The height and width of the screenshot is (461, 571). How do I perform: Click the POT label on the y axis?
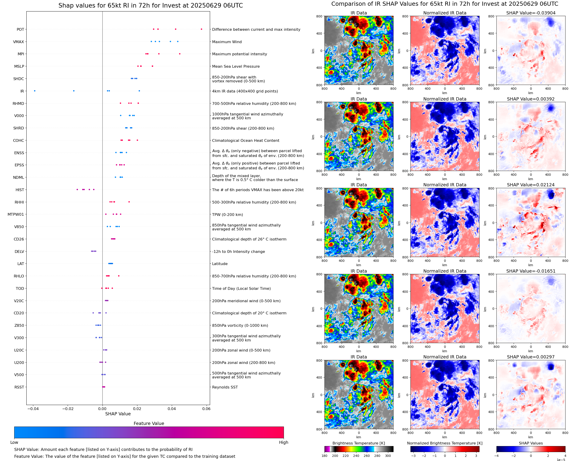tap(20, 29)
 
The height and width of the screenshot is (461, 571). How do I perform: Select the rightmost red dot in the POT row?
tap(201, 29)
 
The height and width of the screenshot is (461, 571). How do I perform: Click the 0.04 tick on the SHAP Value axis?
tap(172, 409)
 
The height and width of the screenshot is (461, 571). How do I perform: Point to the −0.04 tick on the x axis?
tap(33, 409)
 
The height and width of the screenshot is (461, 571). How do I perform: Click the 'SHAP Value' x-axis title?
tap(118, 414)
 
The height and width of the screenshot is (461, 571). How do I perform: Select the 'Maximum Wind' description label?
tap(227, 42)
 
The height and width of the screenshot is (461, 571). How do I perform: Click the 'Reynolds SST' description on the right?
tap(225, 387)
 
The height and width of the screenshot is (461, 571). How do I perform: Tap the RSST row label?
tap(19, 387)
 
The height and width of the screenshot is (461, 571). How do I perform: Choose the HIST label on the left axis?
tap(20, 190)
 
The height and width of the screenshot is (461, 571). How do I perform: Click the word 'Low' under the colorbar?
tap(14, 442)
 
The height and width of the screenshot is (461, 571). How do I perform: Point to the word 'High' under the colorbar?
tap(283, 442)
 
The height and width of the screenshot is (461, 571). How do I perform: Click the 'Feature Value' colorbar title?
tap(149, 424)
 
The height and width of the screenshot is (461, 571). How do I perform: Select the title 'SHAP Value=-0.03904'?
tap(531, 13)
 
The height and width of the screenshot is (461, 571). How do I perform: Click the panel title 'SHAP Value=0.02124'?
tap(531, 185)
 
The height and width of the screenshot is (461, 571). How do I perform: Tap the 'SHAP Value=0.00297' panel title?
tap(531, 357)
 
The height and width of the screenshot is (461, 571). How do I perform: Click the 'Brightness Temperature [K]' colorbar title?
tap(358, 443)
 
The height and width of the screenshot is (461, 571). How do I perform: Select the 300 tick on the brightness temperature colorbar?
tap(388, 456)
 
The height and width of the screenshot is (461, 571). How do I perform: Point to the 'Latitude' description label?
tap(220, 264)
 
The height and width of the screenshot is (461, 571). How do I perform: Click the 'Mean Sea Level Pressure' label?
tap(236, 66)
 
